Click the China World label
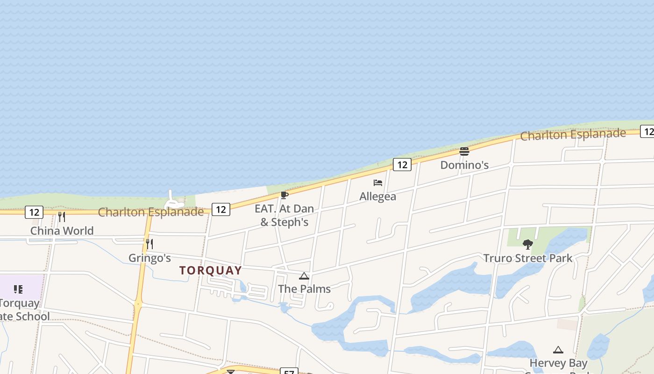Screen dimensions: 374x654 pos(62,230)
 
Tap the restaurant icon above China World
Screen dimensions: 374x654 pos(61,217)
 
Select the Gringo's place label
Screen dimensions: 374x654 pos(149,258)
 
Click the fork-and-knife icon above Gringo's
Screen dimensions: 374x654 pos(149,244)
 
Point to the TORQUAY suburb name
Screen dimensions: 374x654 pos(211,270)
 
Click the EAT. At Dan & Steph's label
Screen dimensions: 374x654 pos(284,215)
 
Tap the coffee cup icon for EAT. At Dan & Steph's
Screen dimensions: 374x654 pos(284,195)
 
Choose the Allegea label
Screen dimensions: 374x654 pos(377,196)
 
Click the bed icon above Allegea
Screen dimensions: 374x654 pos(377,183)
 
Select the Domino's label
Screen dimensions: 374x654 pos(464,165)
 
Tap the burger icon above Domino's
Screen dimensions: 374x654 pos(464,151)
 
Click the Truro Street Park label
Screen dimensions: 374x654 pos(528,258)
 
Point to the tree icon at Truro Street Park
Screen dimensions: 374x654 pos(528,244)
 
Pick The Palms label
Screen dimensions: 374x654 pos(304,289)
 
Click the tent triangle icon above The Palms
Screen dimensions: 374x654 pos(304,276)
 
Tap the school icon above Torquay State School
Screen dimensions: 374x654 pos(18,289)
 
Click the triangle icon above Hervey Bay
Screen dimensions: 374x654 pos(558,350)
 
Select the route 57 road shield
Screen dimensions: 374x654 pos(289,372)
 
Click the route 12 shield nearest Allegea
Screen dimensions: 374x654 pos(402,164)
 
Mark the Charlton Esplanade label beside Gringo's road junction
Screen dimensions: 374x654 pos(151,212)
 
